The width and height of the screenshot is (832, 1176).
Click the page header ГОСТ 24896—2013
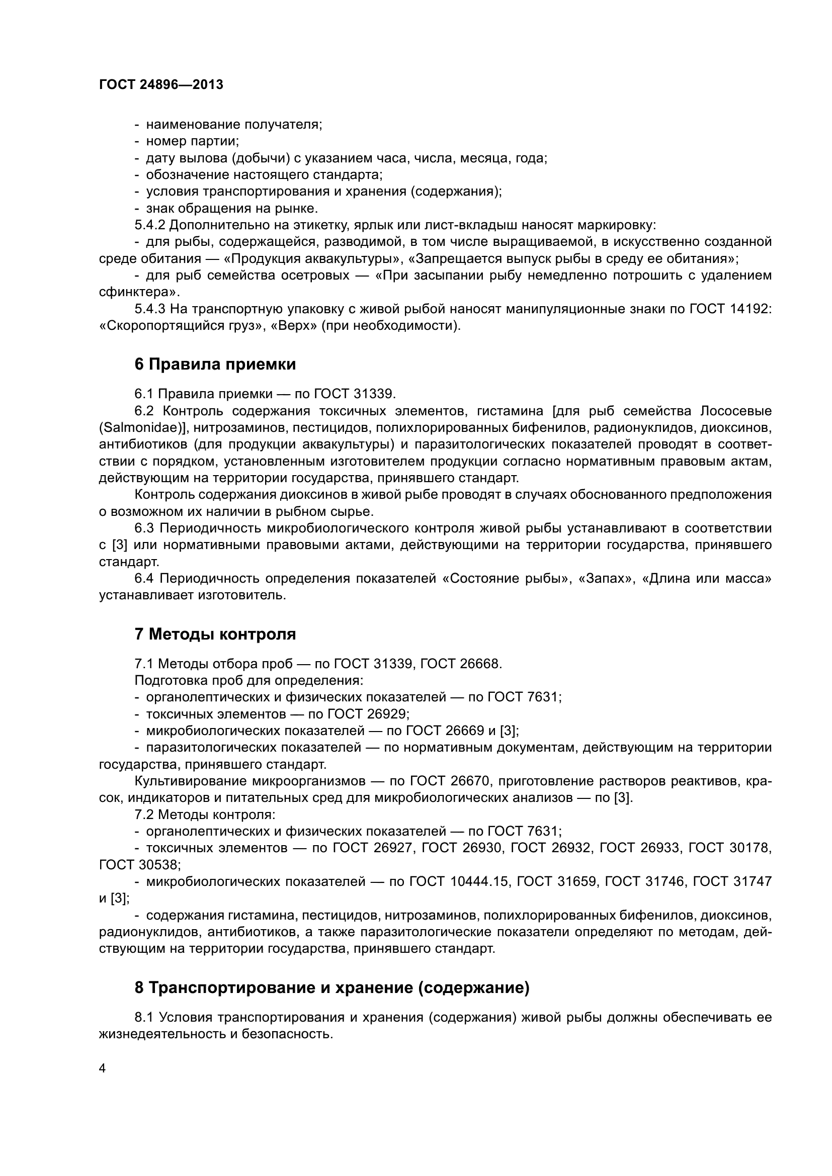tap(161, 85)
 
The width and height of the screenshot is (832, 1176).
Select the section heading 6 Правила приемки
tap(215, 365)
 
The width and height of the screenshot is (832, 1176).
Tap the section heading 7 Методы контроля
tap(215, 634)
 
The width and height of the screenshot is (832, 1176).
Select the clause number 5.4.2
tap(149, 225)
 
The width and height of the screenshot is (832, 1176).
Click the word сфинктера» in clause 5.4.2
tap(139, 293)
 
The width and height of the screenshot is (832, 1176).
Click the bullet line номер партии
tap(193, 141)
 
